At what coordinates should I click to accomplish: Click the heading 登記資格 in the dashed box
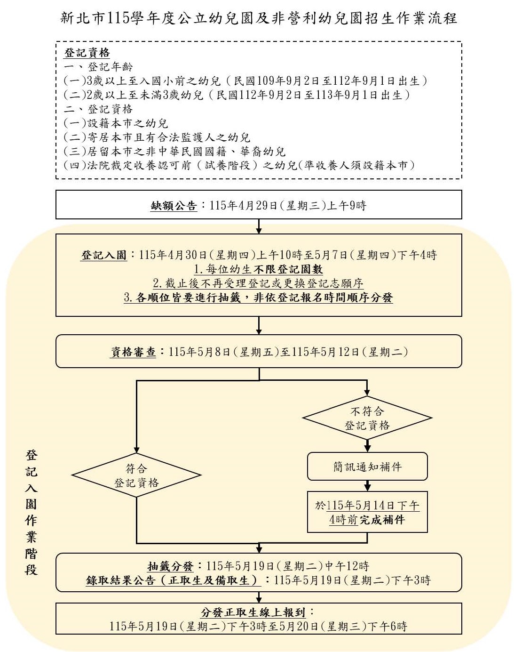(x=87, y=53)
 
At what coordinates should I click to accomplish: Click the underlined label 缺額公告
(x=174, y=206)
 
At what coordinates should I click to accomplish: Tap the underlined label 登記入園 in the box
(x=104, y=255)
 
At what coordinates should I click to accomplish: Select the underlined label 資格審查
(x=133, y=352)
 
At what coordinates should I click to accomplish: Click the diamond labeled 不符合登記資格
(x=367, y=418)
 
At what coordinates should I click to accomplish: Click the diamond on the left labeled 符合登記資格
(x=136, y=475)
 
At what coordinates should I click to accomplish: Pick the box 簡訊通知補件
(x=367, y=467)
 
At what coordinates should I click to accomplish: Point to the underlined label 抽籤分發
(x=170, y=566)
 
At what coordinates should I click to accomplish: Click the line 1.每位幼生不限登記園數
(x=259, y=269)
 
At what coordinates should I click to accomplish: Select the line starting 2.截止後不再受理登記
(x=259, y=283)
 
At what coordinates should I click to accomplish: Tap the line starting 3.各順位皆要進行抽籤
(x=259, y=298)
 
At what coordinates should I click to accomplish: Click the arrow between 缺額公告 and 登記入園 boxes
(x=259, y=226)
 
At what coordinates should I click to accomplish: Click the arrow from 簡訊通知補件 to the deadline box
(x=367, y=485)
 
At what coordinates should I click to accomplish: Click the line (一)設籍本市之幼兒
(x=116, y=123)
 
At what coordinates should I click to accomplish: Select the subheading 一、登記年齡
(x=98, y=67)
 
